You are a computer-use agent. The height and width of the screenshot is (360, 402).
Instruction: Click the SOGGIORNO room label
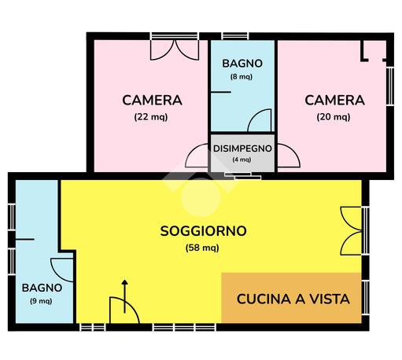click(203, 231)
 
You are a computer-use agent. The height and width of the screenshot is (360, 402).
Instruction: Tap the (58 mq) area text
click(202, 248)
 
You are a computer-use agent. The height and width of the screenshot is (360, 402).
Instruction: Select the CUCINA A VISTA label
click(293, 299)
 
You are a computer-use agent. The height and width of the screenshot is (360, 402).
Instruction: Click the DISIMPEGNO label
click(242, 149)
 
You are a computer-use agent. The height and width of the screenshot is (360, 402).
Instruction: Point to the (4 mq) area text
click(242, 160)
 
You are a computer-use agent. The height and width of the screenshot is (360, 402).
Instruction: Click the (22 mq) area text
click(151, 117)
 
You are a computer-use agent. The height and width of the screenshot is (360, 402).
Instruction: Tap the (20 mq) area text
click(334, 117)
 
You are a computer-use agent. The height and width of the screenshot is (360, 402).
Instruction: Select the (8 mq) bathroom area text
click(242, 77)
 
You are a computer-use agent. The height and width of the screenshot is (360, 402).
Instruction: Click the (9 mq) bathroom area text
click(41, 301)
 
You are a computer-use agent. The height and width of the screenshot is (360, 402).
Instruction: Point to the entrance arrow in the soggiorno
click(125, 296)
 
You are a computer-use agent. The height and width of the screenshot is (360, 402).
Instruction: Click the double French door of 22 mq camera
click(175, 50)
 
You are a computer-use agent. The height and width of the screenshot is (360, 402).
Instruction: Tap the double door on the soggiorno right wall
click(352, 231)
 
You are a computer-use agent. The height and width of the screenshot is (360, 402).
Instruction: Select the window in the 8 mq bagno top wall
click(235, 36)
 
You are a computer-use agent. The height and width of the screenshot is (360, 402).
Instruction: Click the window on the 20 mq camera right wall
click(390, 86)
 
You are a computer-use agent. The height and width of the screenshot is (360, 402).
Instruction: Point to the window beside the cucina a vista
click(365, 298)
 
